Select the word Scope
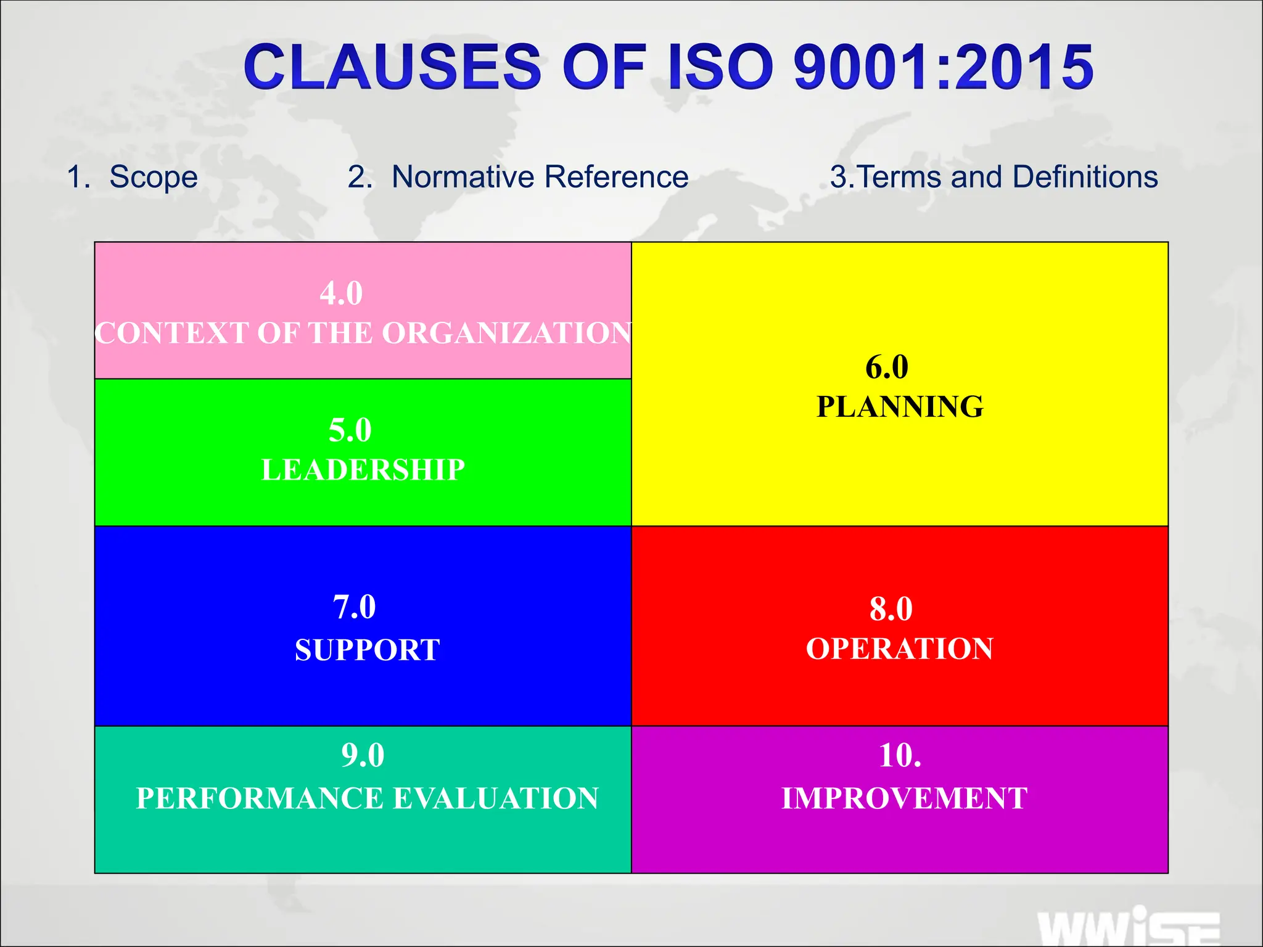click(154, 178)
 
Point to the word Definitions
click(1085, 177)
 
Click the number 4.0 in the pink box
click(341, 293)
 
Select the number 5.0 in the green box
click(350, 430)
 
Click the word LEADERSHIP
click(363, 470)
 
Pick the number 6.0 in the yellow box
click(887, 367)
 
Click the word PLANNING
click(900, 407)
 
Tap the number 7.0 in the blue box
click(354, 607)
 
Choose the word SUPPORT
click(368, 650)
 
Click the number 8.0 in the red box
click(891, 609)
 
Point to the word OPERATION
click(900, 649)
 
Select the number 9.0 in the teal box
click(363, 755)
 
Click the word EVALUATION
click(496, 798)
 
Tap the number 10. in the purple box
click(900, 755)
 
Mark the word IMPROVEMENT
click(904, 798)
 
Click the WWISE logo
click(1129, 928)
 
